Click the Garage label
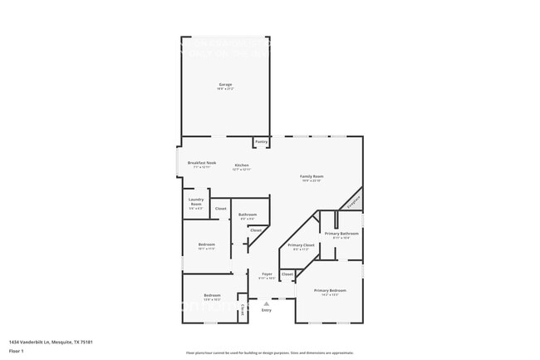click(x=225, y=85)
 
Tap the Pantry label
click(x=261, y=142)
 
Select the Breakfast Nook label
click(x=202, y=163)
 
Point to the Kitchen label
click(x=242, y=165)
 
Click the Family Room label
click(x=312, y=176)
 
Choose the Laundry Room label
click(x=196, y=201)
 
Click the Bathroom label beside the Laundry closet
click(x=248, y=215)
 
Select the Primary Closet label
click(x=301, y=245)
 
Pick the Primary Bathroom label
click(x=341, y=234)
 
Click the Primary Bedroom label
click(x=330, y=290)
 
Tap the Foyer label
click(x=267, y=274)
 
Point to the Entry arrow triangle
click(x=267, y=303)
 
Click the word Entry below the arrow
click(x=267, y=310)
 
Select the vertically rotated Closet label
click(x=243, y=310)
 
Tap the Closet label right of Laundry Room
click(x=221, y=209)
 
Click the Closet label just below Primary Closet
click(x=287, y=274)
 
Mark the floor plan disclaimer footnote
click(x=269, y=353)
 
